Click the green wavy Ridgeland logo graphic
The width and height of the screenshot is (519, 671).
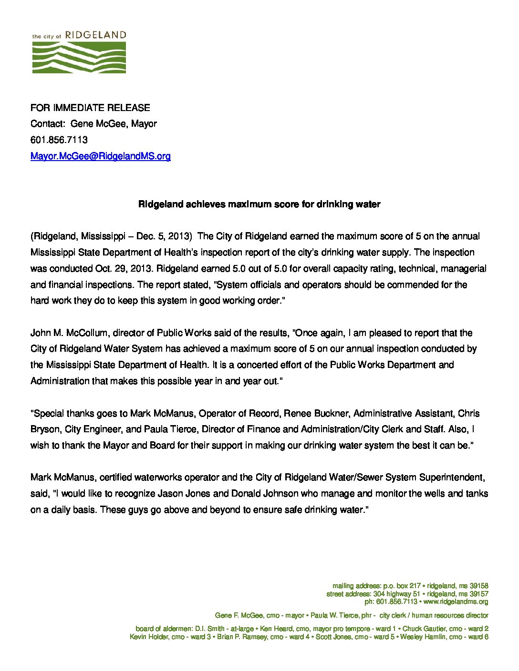coord(79,57)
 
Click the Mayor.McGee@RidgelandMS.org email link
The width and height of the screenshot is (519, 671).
coord(101,156)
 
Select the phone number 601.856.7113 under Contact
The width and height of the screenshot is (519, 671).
coord(59,140)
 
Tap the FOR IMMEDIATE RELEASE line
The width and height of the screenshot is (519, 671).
coord(90,108)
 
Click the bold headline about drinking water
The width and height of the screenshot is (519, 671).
coord(259,204)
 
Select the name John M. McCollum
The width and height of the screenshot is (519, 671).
coord(69,333)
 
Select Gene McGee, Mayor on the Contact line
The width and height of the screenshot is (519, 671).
coord(114,124)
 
